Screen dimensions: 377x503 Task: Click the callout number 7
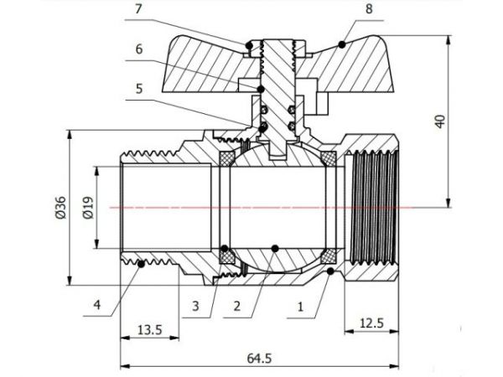click(x=138, y=10)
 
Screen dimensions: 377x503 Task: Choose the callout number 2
click(x=238, y=306)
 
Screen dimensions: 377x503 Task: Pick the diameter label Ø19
click(x=86, y=205)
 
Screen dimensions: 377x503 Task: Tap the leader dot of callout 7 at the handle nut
click(x=248, y=44)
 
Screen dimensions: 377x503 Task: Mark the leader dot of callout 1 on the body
click(x=332, y=272)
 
